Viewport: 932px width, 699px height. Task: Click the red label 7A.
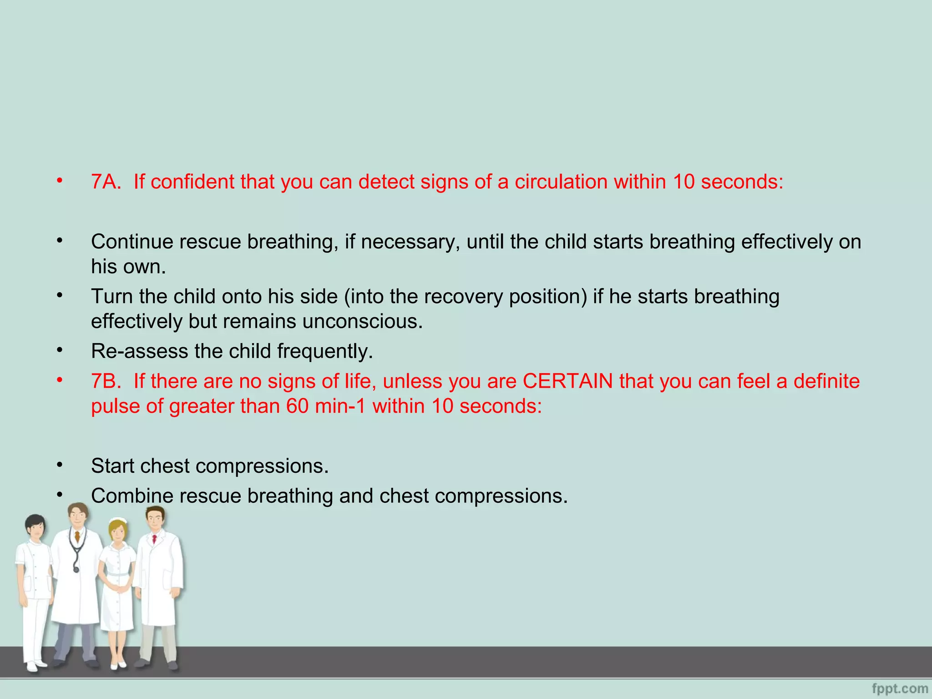106,182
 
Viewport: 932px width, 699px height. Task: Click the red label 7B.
106,381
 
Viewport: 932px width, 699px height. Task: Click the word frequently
325,351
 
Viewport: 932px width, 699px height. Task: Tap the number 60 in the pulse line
298,406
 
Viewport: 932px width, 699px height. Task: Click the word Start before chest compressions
112,466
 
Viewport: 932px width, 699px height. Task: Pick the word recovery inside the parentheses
459,297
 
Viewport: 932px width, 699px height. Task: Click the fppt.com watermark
900,689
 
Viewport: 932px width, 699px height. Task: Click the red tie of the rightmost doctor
155,540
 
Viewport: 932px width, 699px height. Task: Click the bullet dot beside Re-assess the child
60,350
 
